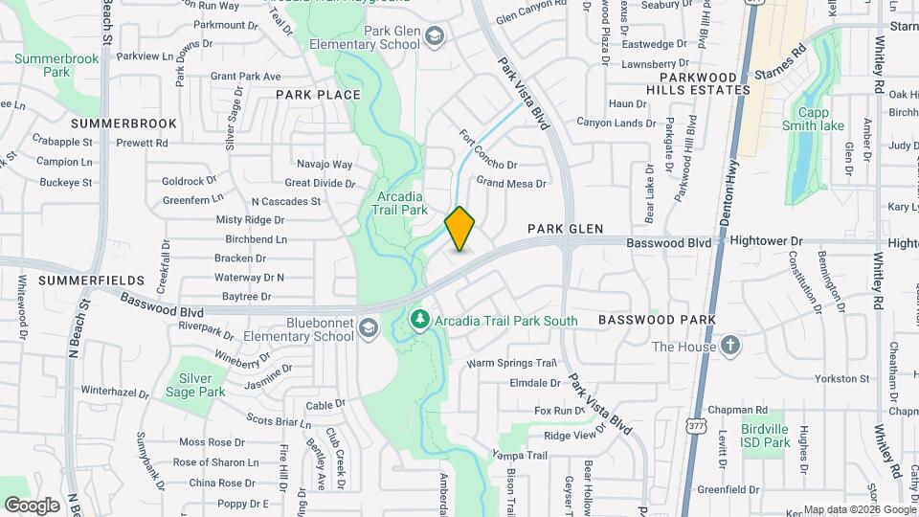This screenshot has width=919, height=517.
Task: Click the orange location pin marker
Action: pyautogui.click(x=459, y=229)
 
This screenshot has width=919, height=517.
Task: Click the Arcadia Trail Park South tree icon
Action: pyautogui.click(x=417, y=319)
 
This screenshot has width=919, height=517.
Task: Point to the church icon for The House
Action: pyautogui.click(x=729, y=346)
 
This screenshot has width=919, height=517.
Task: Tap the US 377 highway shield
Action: pyautogui.click(x=695, y=421)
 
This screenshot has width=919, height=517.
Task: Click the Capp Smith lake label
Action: pyautogui.click(x=813, y=118)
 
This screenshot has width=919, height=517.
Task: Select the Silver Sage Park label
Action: pyautogui.click(x=195, y=385)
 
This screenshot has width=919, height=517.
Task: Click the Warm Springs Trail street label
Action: pyautogui.click(x=511, y=364)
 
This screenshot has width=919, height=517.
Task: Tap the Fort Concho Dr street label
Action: pyautogui.click(x=488, y=150)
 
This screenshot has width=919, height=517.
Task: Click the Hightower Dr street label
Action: pyautogui.click(x=766, y=244)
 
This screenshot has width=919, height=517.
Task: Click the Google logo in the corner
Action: pyautogui.click(x=32, y=505)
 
